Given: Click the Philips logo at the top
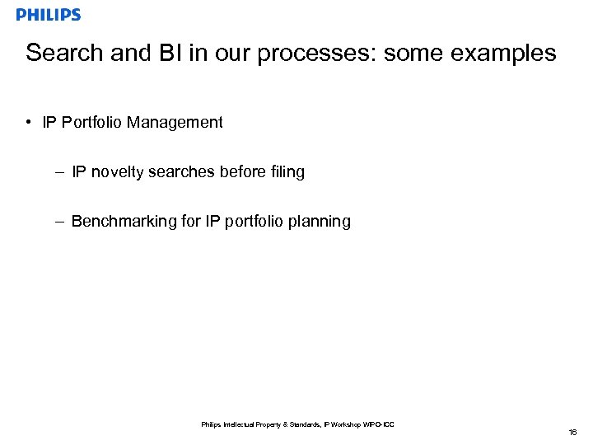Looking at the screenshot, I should [x=49, y=15].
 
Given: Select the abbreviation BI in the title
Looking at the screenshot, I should [x=163, y=54].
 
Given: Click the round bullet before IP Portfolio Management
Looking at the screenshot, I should [x=28, y=123].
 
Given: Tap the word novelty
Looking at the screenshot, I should [x=117, y=172].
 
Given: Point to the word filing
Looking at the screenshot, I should [x=286, y=172].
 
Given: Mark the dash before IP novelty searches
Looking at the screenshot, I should [x=61, y=172].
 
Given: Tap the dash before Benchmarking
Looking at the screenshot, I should [x=61, y=222].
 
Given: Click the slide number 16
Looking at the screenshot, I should [x=572, y=432].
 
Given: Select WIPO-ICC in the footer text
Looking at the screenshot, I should [x=378, y=424].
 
